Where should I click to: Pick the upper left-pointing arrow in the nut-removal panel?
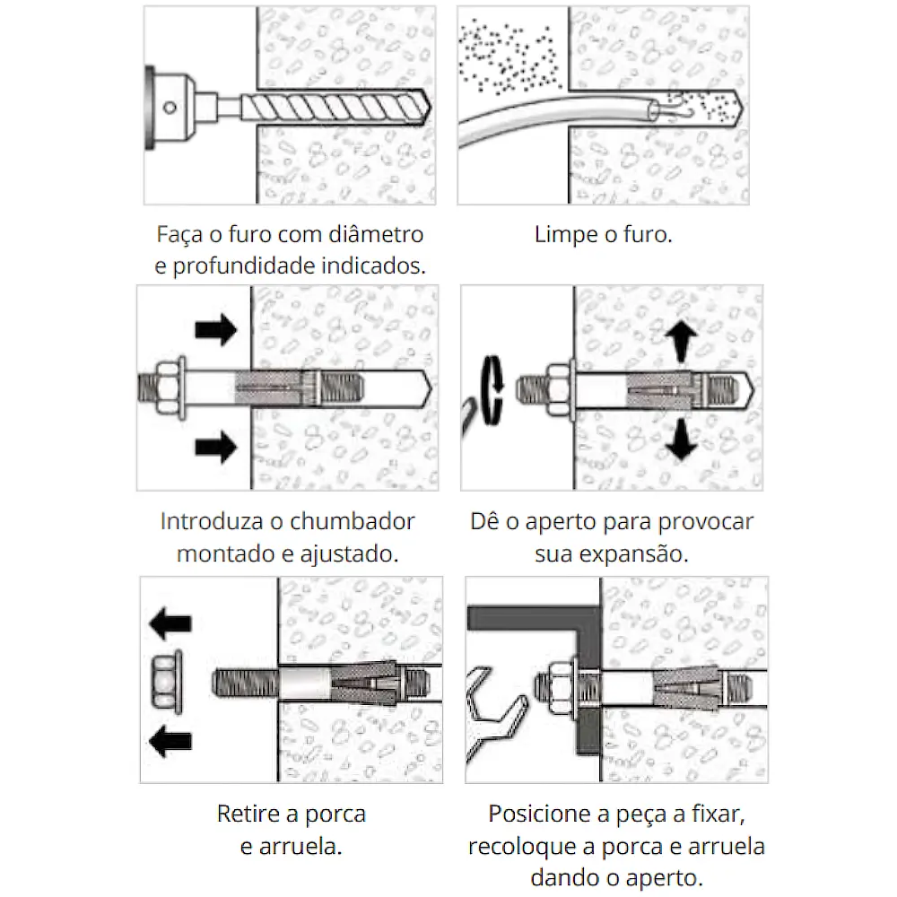pyautogui.click(x=170, y=622)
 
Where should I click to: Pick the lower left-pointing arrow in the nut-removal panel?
pyautogui.click(x=170, y=740)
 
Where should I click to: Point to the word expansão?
pyautogui.click(x=638, y=553)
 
